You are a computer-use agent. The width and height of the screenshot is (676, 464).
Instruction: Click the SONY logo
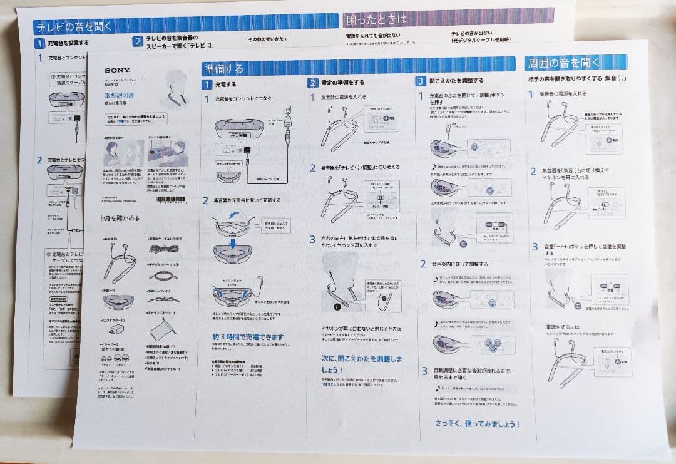click(117, 71)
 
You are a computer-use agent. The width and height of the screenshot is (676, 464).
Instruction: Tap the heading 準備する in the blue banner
click(223, 68)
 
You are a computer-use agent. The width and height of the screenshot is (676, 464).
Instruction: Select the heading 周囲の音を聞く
click(563, 63)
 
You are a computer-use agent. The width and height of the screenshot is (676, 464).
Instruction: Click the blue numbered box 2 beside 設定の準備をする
click(312, 82)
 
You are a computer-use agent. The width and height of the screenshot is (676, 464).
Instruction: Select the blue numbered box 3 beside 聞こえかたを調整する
click(420, 81)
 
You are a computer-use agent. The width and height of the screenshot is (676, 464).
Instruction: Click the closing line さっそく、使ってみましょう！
click(477, 424)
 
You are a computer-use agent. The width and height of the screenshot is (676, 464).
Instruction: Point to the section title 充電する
click(226, 83)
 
